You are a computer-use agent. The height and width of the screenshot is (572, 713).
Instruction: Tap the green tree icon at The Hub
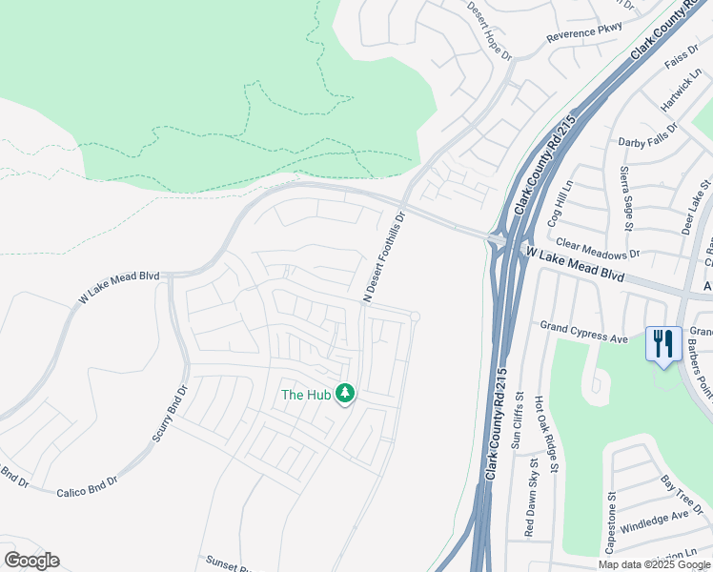pos(345,394)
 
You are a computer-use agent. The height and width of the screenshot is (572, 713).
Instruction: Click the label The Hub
pos(305,394)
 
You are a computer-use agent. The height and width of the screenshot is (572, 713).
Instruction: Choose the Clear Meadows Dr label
pos(598,249)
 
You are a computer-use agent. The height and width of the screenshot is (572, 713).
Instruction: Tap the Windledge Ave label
pos(654,521)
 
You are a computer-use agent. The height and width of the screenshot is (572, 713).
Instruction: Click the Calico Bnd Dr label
pos(86,488)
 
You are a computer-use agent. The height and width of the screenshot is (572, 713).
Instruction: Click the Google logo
pos(31,561)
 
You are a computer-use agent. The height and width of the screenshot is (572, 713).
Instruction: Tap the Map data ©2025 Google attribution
pos(653,564)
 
